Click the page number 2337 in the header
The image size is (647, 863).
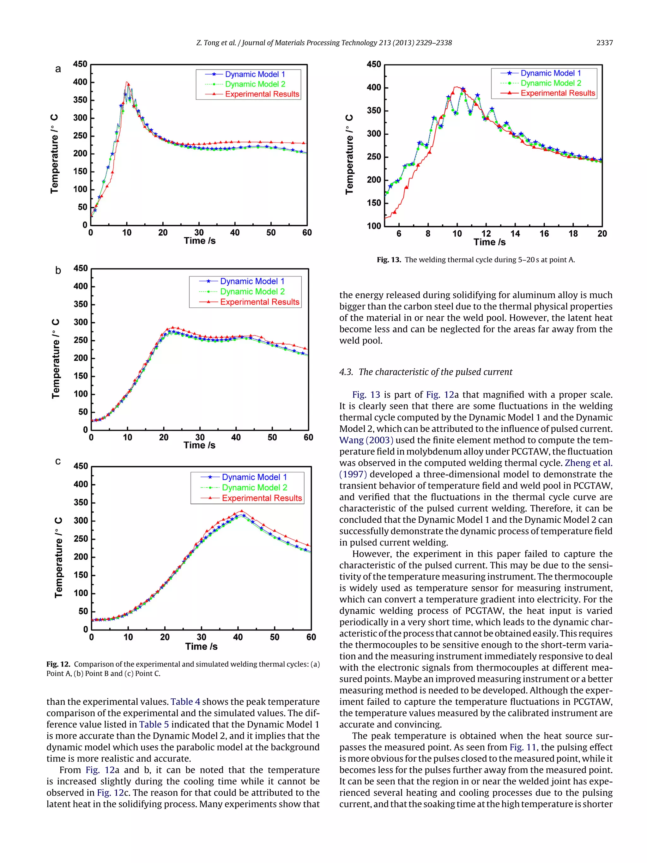[x=604, y=43]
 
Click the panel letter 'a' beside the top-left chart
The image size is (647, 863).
[x=58, y=69]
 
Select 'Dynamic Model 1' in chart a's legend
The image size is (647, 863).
[x=255, y=74]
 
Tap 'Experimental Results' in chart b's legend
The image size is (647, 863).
[x=259, y=302]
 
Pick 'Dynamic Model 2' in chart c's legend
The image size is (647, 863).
[x=254, y=487]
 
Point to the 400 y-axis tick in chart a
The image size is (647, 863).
[x=80, y=82]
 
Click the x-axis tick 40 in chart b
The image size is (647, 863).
[x=236, y=437]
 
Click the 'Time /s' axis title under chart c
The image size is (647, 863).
[x=201, y=647]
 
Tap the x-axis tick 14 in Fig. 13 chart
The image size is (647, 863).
[x=515, y=234]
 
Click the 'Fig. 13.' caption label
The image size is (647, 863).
[x=389, y=260]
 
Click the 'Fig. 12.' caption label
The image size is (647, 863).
[x=58, y=664]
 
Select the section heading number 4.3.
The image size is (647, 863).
[x=346, y=372]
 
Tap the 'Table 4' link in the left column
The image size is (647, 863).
[x=185, y=702]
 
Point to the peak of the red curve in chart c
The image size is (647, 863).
[x=241, y=510]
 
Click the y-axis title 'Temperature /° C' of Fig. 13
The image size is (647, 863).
[x=349, y=154]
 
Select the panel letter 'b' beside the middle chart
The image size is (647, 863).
[x=58, y=270]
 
